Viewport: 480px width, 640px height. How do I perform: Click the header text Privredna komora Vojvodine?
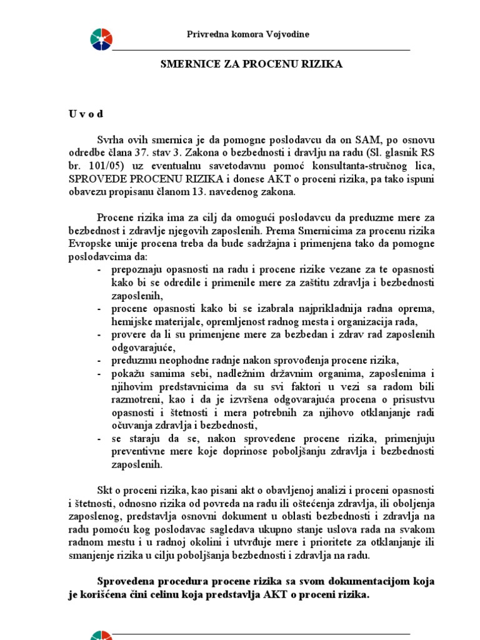[x=248, y=34]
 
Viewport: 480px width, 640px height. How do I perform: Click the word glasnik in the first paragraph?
[x=379, y=152]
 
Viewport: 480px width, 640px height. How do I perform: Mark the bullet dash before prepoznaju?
[x=101, y=269]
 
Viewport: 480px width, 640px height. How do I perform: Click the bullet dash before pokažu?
[x=101, y=373]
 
